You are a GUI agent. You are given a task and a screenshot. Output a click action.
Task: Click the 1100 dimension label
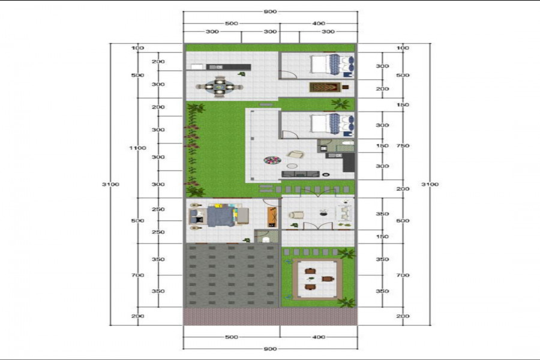click(137, 148)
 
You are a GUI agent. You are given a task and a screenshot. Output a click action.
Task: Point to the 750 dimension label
click(403, 146)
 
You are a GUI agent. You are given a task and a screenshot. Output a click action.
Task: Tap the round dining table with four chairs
click(220, 87)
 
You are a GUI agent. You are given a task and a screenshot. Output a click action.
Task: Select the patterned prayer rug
click(325, 87)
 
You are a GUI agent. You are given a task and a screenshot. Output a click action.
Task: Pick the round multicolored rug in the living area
click(272, 160)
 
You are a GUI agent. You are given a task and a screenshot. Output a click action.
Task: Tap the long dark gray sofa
click(301, 174)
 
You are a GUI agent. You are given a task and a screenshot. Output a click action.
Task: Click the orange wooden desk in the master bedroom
click(272, 217)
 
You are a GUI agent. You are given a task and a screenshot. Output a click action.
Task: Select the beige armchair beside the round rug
click(295, 155)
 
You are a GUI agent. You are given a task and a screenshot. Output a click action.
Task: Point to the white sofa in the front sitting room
click(345, 212)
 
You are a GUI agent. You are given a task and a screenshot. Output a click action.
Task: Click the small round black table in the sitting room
click(323, 214)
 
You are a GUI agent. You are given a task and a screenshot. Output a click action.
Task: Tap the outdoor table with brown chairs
click(317, 278)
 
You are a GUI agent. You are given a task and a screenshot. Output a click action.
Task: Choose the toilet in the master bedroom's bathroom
click(266, 239)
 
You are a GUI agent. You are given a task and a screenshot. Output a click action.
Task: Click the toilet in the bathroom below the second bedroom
click(348, 143)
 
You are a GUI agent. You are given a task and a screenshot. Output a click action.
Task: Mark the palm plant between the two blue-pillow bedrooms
click(340, 103)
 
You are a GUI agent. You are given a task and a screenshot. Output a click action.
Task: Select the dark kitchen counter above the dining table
click(218, 67)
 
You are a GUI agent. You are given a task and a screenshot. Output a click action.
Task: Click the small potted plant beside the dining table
click(242, 74)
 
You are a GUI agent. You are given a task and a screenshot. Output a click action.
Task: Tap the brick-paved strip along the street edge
click(271, 316)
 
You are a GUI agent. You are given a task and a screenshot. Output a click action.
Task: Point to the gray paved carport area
click(232, 275)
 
